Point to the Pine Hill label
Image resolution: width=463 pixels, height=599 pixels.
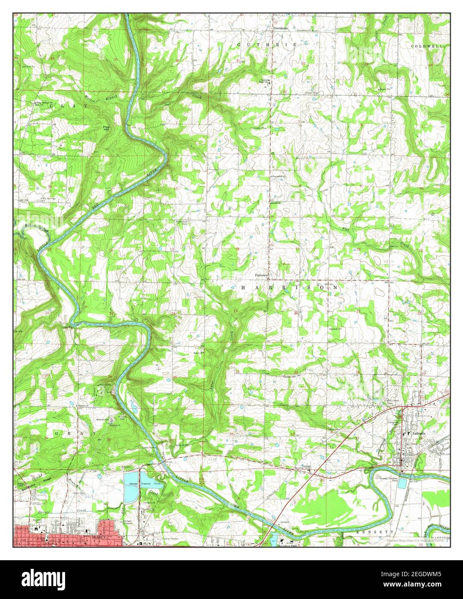pos(106,128)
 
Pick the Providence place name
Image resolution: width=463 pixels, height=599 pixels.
pos(280,28)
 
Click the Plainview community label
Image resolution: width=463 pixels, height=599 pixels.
pos(262,275)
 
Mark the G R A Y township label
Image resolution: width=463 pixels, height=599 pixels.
pos(72,432)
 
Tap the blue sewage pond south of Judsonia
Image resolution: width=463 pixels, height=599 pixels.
pos(402,484)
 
